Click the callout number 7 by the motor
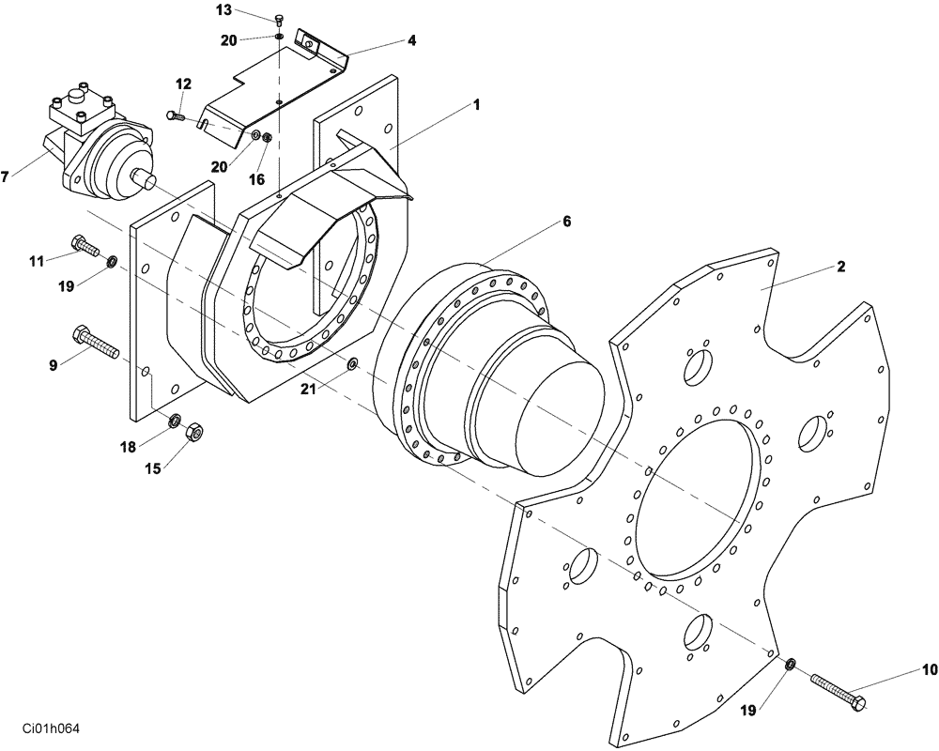(7, 176)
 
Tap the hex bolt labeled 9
(93, 342)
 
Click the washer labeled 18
(175, 420)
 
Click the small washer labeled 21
(352, 363)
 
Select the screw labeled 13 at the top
(280, 21)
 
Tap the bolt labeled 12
(173, 115)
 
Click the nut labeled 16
(267, 139)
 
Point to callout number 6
(566, 222)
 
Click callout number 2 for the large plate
(840, 267)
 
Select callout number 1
(476, 105)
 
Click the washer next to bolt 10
(791, 666)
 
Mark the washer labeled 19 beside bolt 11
(112, 260)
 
